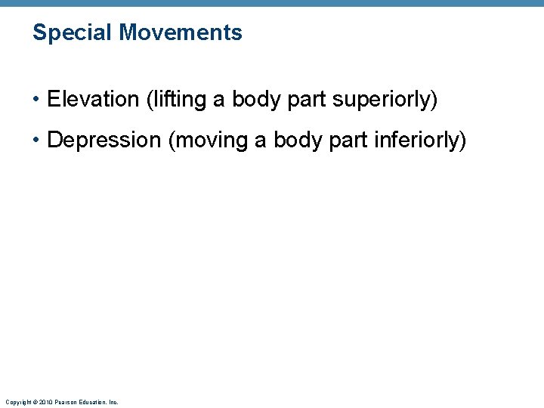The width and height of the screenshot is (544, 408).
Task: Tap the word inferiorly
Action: click(x=421, y=141)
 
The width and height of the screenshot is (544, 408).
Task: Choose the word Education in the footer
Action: click(x=91, y=402)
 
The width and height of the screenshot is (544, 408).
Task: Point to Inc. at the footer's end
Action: click(x=113, y=402)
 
